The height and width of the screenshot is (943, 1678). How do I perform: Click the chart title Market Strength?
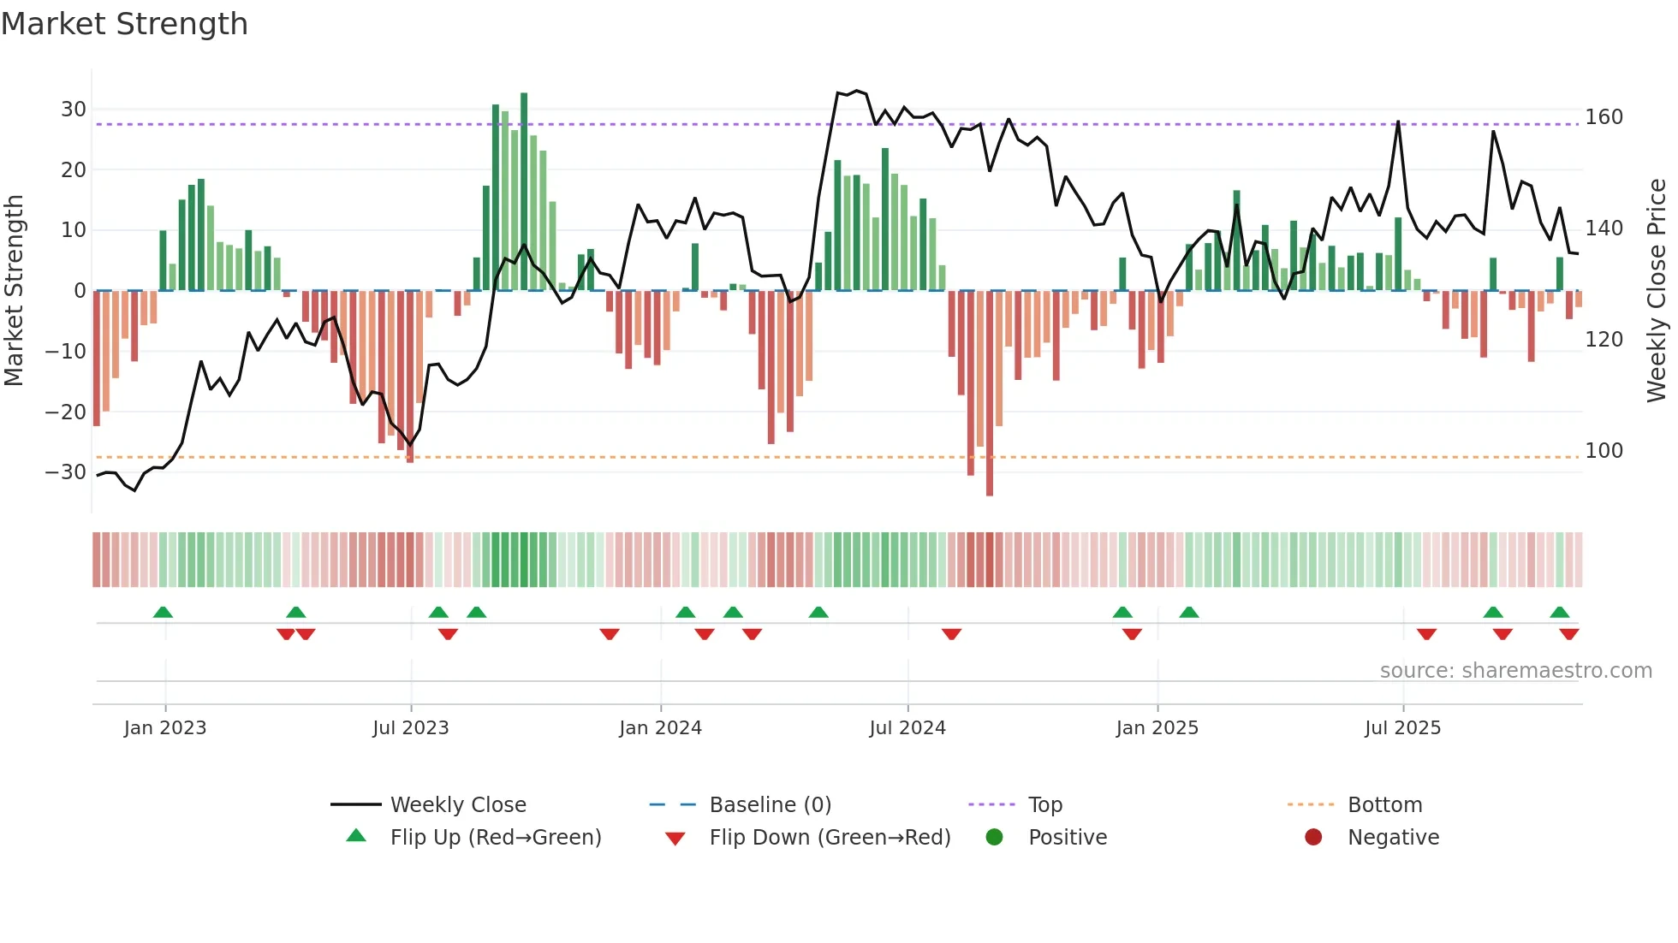pyautogui.click(x=124, y=24)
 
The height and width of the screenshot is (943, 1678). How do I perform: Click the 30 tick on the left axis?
pyautogui.click(x=74, y=110)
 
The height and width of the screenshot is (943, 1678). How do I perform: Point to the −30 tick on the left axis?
pyautogui.click(x=66, y=472)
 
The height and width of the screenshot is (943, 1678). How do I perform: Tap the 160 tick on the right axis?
pyautogui.click(x=1604, y=117)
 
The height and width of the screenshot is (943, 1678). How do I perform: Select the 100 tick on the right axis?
pyautogui.click(x=1604, y=451)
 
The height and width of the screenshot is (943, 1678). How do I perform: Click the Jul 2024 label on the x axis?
pyautogui.click(x=907, y=728)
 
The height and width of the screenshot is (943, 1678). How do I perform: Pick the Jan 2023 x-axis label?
pyautogui.click(x=165, y=728)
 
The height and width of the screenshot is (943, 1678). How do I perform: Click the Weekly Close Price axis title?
pyautogui.click(x=1657, y=291)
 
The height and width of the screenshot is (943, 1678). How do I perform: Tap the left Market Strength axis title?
pyautogui.click(x=14, y=291)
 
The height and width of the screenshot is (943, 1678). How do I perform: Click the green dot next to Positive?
pyautogui.click(x=994, y=838)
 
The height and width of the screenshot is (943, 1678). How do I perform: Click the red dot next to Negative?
pyautogui.click(x=1313, y=838)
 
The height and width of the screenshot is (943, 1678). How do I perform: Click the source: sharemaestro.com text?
pyautogui.click(x=1515, y=671)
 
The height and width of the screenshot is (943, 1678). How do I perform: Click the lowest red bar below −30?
pyautogui.click(x=990, y=394)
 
